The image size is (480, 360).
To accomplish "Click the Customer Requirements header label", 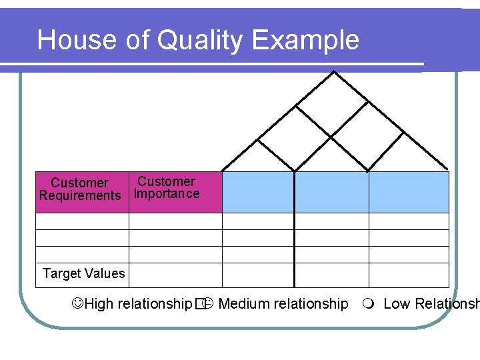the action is click(80, 189).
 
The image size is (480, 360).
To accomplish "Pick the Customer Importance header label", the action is click(167, 187).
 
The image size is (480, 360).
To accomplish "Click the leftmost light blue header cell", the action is click(258, 192).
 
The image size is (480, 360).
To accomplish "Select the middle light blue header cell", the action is click(331, 192).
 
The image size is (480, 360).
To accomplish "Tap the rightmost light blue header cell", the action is click(409, 192).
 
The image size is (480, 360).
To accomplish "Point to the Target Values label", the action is click(83, 273).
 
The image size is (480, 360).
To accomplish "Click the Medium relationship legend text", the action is click(283, 304).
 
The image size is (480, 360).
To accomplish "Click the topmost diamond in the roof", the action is click(332, 104).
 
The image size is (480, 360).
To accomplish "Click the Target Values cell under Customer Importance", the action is click(175, 275).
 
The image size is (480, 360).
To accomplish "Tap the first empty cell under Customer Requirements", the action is click(82, 221).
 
